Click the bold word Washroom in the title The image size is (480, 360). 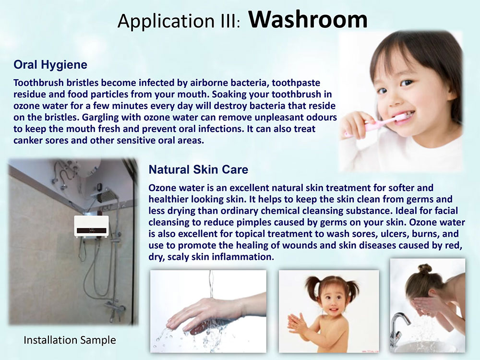click(308, 19)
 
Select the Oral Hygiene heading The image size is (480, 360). click(50, 65)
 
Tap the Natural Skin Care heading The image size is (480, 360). click(198, 169)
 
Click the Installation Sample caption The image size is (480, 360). click(70, 340)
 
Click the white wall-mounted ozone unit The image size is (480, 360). click(91, 226)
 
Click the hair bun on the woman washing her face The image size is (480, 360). click(425, 269)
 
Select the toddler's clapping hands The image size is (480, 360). click(295, 323)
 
